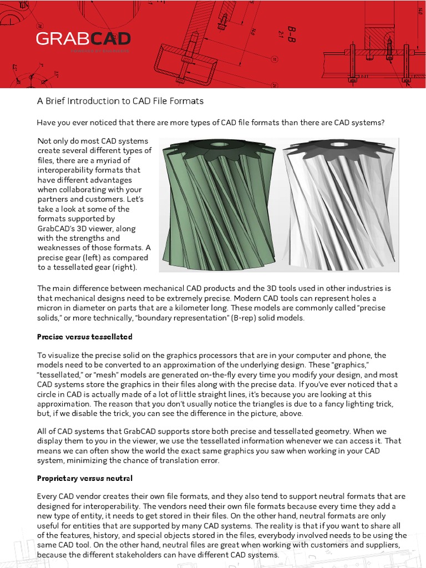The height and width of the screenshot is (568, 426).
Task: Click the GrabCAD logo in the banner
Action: pos(83,39)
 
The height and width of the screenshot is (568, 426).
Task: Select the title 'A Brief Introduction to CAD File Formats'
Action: pos(120,101)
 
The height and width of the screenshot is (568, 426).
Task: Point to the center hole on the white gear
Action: pos(339,145)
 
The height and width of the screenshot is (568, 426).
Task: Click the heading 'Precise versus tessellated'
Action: pos(84,337)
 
